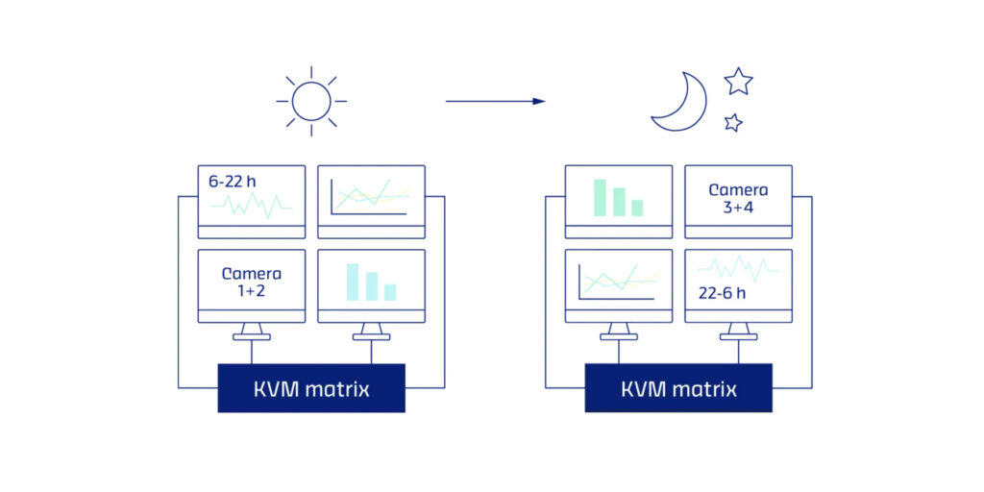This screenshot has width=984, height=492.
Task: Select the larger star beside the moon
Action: [738, 82]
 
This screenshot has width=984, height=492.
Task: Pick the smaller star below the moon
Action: [733, 122]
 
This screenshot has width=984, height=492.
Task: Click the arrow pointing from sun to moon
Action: [495, 101]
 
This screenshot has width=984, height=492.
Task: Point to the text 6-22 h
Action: [233, 182]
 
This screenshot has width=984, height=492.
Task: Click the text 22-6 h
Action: [723, 293]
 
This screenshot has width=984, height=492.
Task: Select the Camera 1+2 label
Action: [252, 282]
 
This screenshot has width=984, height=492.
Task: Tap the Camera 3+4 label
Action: [738, 198]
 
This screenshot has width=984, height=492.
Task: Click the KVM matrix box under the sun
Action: [311, 388]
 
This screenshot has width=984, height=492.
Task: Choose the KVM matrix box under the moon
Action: [678, 388]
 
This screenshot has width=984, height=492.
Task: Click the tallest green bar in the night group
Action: [600, 198]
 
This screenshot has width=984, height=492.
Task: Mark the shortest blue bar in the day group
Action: [390, 292]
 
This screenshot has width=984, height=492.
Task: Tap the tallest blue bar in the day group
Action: [353, 282]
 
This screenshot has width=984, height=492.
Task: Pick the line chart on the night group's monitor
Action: [619, 282]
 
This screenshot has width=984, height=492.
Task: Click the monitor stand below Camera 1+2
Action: [252, 332]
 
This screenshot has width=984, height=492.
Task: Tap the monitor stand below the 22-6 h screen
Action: [739, 332]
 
